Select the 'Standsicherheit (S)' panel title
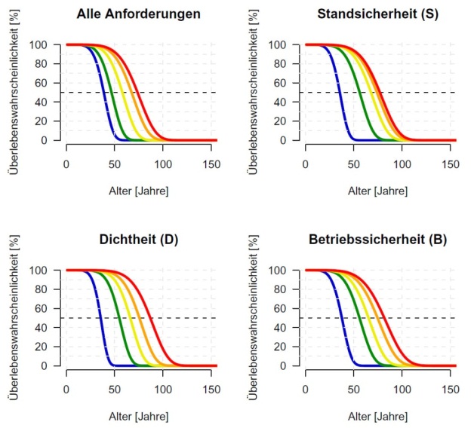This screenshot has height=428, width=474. [378, 14]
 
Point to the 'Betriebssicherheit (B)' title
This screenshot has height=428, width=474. [378, 240]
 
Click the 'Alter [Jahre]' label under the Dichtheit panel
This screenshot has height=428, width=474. [140, 414]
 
